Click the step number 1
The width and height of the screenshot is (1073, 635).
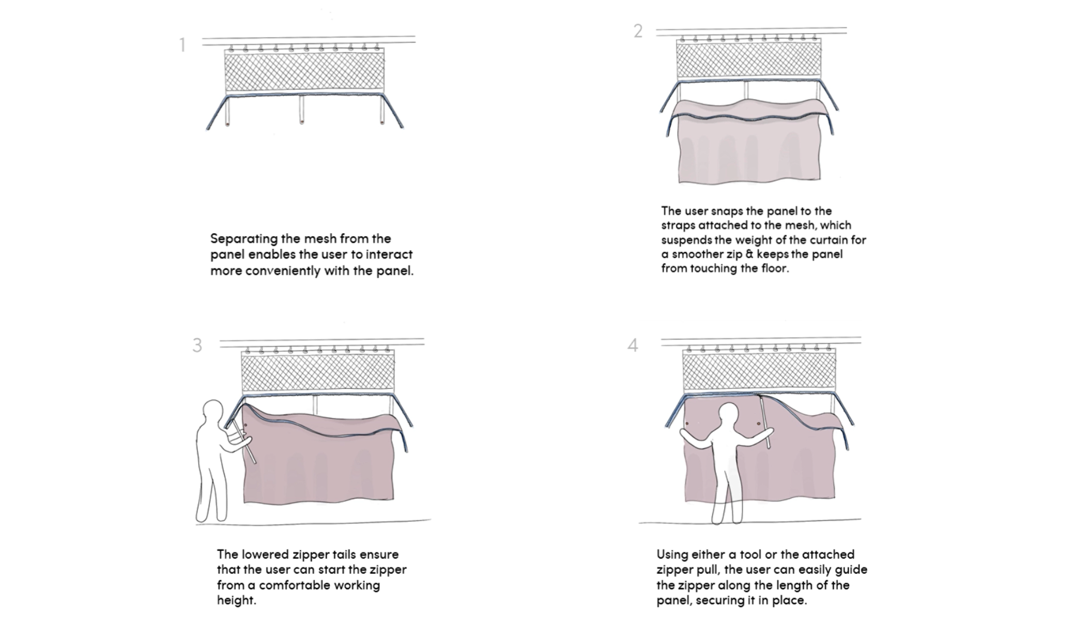click(x=182, y=45)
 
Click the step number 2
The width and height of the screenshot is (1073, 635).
click(x=638, y=31)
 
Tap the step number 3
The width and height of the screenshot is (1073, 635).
click(x=197, y=345)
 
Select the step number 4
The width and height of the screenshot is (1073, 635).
click(x=633, y=345)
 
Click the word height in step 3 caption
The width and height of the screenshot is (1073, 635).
click(x=237, y=600)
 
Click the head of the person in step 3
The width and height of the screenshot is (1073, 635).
click(x=212, y=412)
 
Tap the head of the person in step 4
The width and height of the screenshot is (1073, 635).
click(x=729, y=416)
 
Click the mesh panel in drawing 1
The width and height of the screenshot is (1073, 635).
click(x=304, y=71)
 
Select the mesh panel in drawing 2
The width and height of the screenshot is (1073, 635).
click(x=748, y=59)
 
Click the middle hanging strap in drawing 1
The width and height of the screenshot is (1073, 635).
click(x=302, y=109)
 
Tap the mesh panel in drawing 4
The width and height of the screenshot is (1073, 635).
click(x=759, y=370)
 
